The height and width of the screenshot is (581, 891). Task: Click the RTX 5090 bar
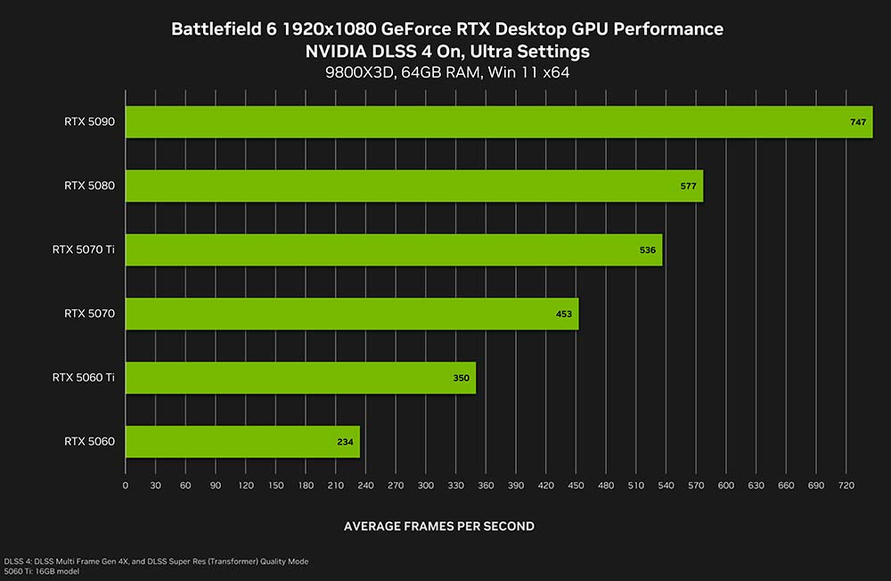pyautogui.click(x=499, y=122)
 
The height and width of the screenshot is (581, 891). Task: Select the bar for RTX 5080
pyautogui.click(x=414, y=185)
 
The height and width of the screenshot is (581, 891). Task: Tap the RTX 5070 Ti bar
pyautogui.click(x=393, y=250)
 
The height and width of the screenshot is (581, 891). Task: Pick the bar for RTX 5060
pyautogui.click(x=242, y=441)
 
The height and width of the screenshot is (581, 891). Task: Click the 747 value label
pyautogui.click(x=858, y=122)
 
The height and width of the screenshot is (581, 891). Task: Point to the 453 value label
pyautogui.click(x=563, y=314)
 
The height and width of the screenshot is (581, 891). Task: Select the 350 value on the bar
pyautogui.click(x=461, y=378)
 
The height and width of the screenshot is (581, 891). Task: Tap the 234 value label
pyautogui.click(x=345, y=441)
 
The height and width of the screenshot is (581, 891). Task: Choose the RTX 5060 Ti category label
pyautogui.click(x=84, y=378)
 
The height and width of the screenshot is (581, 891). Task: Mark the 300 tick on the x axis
pyautogui.click(x=425, y=486)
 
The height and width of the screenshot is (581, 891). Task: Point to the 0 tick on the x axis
pyautogui.click(x=126, y=486)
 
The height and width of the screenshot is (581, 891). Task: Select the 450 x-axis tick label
pyautogui.click(x=576, y=486)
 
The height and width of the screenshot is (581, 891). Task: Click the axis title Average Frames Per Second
pyautogui.click(x=438, y=527)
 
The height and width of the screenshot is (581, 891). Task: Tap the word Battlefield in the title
pyautogui.click(x=213, y=29)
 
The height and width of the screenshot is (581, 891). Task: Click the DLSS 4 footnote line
pyautogui.click(x=156, y=561)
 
